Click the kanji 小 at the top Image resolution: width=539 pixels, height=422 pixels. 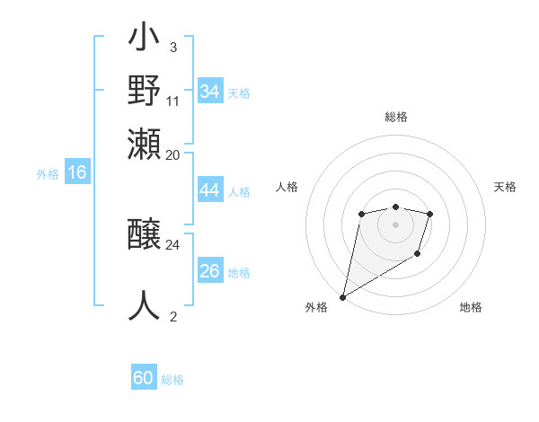pyautogui.click(x=144, y=40)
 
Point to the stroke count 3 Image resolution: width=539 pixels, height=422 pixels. pyautogui.click(x=172, y=47)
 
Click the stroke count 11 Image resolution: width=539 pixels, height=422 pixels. pyautogui.click(x=173, y=101)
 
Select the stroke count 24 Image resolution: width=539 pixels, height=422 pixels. pyautogui.click(x=173, y=244)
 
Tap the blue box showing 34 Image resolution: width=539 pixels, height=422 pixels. pyautogui.click(x=209, y=91)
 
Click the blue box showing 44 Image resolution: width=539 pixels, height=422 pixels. pyautogui.click(x=209, y=190)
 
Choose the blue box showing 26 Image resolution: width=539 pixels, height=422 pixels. pyautogui.click(x=209, y=271)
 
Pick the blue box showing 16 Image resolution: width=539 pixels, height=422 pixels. pyautogui.click(x=77, y=173)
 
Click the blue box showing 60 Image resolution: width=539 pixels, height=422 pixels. pyautogui.click(x=144, y=378)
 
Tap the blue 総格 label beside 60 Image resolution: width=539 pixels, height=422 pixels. pyautogui.click(x=172, y=380)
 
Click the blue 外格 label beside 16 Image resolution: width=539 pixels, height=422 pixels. pyautogui.click(x=48, y=174)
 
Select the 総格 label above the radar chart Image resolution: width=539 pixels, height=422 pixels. pyautogui.click(x=395, y=117)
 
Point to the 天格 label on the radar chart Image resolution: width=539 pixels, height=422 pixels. pyautogui.click(x=505, y=187)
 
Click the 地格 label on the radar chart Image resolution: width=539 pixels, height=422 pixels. pyautogui.click(x=471, y=307)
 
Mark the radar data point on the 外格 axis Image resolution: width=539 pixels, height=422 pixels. pyautogui.click(x=342, y=297)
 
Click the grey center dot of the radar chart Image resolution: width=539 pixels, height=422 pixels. pyautogui.click(x=395, y=224)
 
